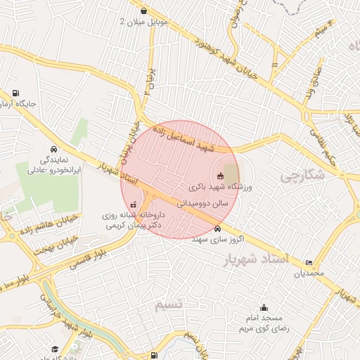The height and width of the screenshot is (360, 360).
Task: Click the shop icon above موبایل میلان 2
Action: (144, 11)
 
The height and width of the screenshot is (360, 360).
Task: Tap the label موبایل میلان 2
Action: (144, 22)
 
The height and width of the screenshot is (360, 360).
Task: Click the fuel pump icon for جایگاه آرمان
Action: (15, 94)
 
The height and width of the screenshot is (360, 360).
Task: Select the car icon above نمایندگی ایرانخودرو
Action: (54, 150)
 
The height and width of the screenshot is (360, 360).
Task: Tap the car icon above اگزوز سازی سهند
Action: (219, 229)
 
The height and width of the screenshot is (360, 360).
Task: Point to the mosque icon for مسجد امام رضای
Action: (264, 307)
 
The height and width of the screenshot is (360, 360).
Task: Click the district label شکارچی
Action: (302, 176)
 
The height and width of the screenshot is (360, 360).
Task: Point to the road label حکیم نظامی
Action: (323, 140)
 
